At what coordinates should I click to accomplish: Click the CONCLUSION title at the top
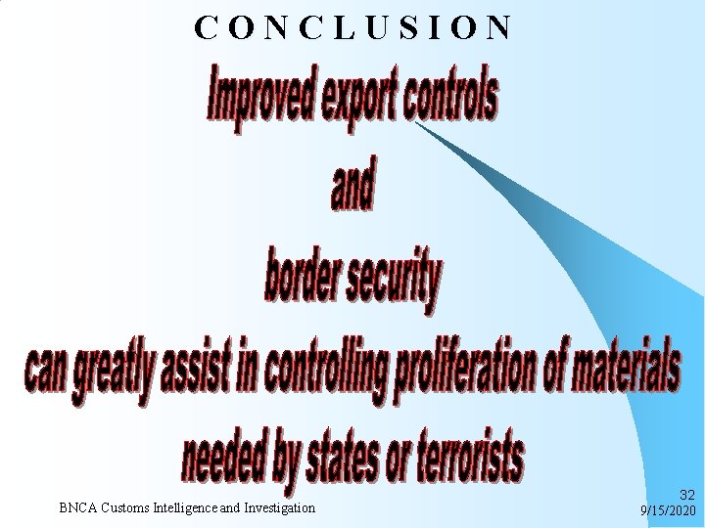click(352, 27)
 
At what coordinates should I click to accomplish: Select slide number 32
click(683, 497)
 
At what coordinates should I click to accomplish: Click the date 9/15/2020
click(667, 510)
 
